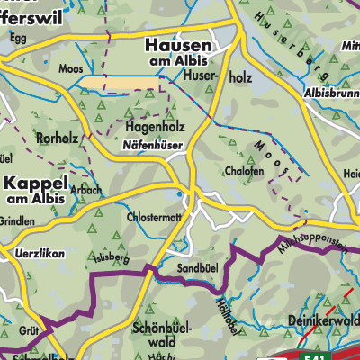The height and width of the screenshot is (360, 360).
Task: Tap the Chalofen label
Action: pyautogui.click(x=245, y=168)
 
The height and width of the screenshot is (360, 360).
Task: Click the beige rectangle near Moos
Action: pyautogui.click(x=122, y=84)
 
